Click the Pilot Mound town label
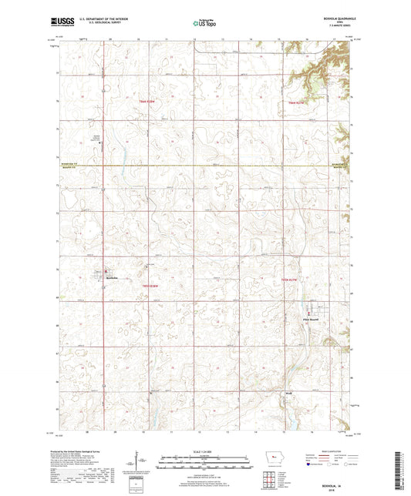tap(318, 320)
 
